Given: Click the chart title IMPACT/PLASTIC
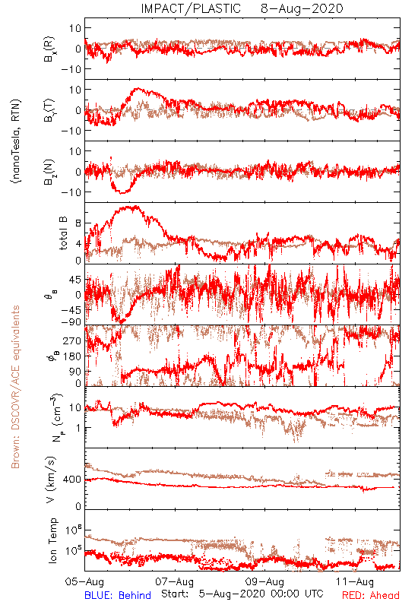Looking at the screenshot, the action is click(x=191, y=8).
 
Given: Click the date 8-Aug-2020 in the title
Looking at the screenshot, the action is click(x=302, y=8).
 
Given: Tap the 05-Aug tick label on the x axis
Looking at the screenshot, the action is click(x=84, y=581).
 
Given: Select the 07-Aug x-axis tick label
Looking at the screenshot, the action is click(x=175, y=581).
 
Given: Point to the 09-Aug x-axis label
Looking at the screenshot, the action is click(x=264, y=581).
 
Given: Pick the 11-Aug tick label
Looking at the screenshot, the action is click(x=355, y=581).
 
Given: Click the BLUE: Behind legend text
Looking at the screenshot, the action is click(x=118, y=595).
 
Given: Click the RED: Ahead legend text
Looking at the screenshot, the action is click(x=371, y=595).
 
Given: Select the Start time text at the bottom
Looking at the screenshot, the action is click(x=242, y=594).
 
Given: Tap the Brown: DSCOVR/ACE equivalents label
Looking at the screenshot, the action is click(x=15, y=387).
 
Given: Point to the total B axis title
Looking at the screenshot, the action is click(x=63, y=233).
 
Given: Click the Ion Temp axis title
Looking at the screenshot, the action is click(x=52, y=540).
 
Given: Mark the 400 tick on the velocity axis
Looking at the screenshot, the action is click(x=72, y=480).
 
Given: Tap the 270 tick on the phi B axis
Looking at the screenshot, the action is click(x=72, y=340).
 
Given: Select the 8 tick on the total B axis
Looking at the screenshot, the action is click(x=78, y=223).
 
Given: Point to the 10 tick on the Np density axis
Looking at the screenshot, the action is click(x=75, y=407).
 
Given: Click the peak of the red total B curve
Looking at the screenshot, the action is click(x=135, y=206).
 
